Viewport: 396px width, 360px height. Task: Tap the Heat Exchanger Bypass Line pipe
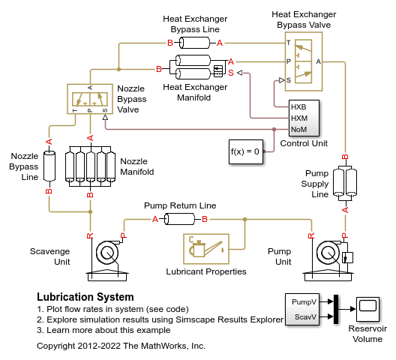coord(194,43)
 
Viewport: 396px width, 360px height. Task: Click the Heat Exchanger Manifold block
coord(199,70)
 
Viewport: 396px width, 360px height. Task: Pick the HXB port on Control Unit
coord(298,106)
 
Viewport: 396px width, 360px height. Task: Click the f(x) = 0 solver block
coord(245,151)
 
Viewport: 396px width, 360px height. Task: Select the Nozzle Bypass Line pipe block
coord(49,166)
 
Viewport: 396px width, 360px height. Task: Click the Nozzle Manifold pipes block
coord(90,166)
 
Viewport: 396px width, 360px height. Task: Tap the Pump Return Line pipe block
coord(180,219)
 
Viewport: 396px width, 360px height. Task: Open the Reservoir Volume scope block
coord(367,307)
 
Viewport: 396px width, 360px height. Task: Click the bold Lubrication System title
coord(85,298)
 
